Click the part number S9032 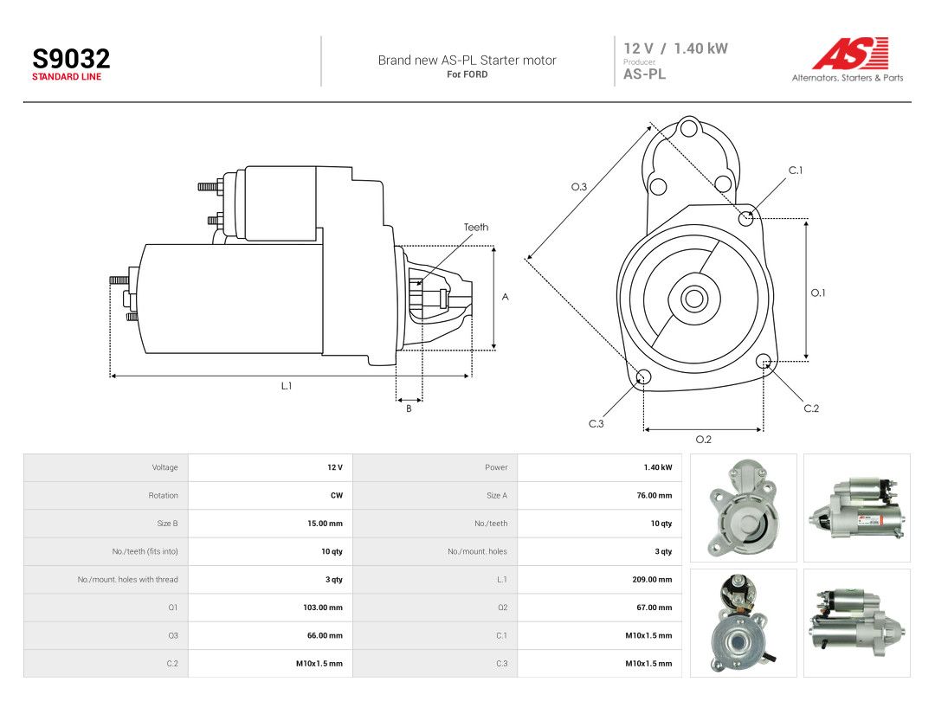tap(71, 59)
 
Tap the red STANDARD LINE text tap(67, 77)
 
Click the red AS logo tap(851, 53)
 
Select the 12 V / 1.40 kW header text tap(675, 48)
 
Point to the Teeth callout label tap(476, 227)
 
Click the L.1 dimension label tap(287, 386)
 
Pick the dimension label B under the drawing tap(409, 408)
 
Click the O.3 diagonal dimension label tap(579, 187)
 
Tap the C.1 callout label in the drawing tap(796, 170)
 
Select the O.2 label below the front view tap(704, 440)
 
